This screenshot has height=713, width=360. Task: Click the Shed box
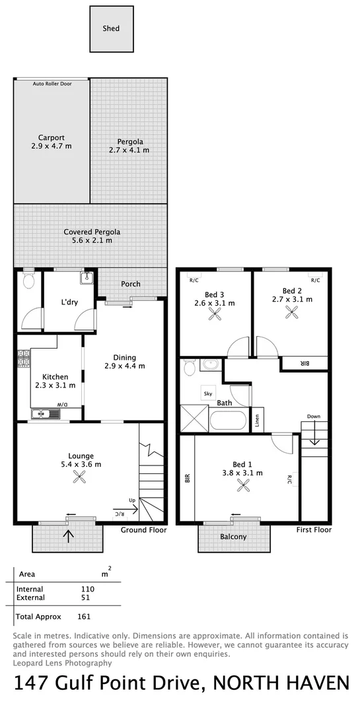(111, 29)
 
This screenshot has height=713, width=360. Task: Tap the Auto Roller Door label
(52, 84)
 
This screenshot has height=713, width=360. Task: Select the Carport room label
(51, 142)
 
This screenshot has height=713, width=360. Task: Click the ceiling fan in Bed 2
(291, 313)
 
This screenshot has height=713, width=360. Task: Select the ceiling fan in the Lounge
(81, 478)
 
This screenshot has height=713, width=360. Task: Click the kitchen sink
(45, 415)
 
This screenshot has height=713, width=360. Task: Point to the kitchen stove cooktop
(21, 362)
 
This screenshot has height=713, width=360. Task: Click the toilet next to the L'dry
(28, 282)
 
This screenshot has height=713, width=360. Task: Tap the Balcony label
(233, 537)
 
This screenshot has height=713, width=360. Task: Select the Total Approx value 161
(83, 617)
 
